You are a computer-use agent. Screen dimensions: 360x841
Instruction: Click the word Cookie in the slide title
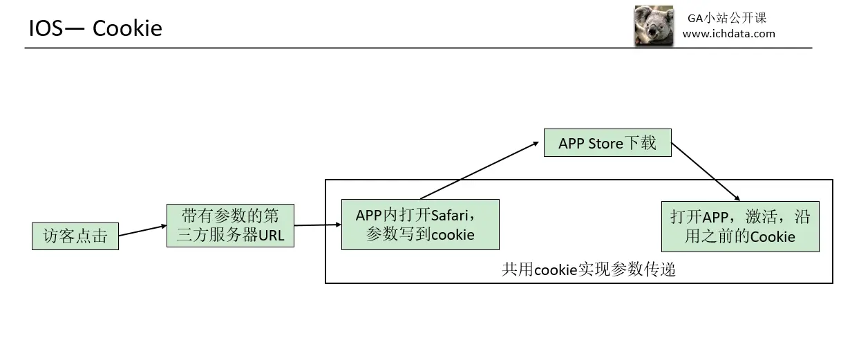coord(127,28)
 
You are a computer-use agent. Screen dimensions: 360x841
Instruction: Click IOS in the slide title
coord(46,28)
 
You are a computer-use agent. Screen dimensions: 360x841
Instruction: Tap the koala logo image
coord(654,26)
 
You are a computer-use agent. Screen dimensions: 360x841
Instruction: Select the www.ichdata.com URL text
coord(728,33)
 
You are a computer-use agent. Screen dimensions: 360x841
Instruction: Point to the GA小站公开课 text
coord(727,18)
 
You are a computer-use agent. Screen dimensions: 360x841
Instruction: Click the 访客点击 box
coord(75,236)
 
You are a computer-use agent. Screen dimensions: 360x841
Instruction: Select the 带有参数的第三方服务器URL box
coord(230,225)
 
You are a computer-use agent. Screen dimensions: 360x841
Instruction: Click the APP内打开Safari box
coord(420,225)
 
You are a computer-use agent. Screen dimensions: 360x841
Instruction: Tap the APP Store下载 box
coord(607,143)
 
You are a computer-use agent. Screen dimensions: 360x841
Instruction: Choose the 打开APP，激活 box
coord(740,227)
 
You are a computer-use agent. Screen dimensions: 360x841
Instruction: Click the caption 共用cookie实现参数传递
coord(588,269)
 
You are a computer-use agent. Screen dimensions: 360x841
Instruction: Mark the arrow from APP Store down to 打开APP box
coord(705,172)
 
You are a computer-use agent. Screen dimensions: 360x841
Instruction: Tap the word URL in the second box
coord(271,235)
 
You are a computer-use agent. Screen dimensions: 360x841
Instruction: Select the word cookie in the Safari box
coord(453,235)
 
